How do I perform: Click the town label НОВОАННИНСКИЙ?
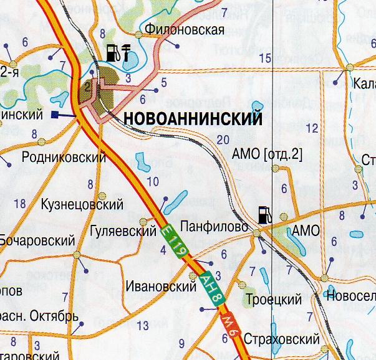coord(191,120)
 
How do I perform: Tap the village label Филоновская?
coord(184,29)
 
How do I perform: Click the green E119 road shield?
coord(175,241)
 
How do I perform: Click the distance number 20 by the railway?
coord(223,140)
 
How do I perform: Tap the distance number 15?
coord(266,58)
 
